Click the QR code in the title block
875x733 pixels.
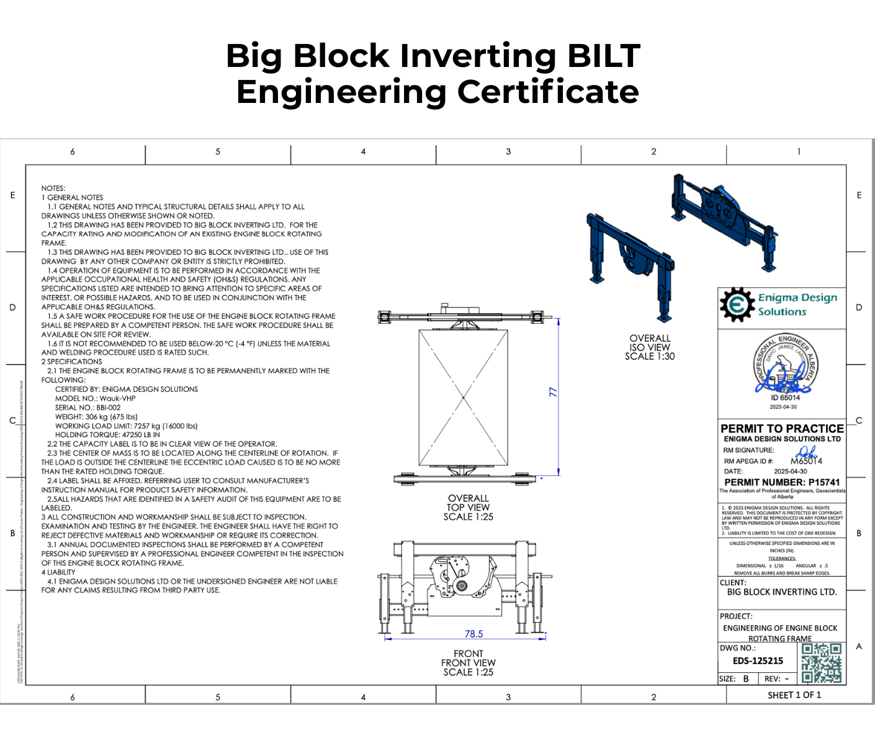point(821,663)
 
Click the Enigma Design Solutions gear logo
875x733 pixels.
point(736,305)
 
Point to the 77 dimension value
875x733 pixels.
point(553,393)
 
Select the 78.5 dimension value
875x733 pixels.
point(473,634)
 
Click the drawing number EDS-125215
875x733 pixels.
point(758,661)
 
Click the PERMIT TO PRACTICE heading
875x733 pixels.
point(782,429)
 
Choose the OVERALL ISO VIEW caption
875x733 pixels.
point(650,347)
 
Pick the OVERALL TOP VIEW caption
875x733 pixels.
point(469,507)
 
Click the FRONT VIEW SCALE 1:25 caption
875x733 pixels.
point(469,663)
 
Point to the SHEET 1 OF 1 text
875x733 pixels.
point(794,695)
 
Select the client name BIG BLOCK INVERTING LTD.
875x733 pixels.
point(782,592)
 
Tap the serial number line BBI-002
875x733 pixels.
point(88,407)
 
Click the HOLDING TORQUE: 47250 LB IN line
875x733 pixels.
point(107,435)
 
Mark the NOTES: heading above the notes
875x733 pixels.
point(53,188)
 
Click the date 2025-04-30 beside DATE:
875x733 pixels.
point(790,471)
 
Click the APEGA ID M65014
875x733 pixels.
point(806,461)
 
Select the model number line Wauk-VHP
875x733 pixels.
point(96,398)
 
